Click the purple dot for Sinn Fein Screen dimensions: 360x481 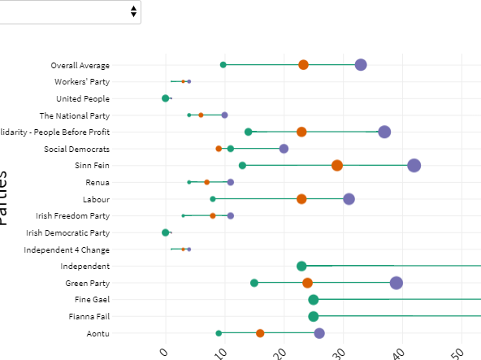coord(414,166)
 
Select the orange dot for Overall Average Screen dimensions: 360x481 coord(303,65)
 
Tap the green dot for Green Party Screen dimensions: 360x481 coord(254,283)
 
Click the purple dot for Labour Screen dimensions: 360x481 coord(349,199)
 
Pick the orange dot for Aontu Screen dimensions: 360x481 coord(260,333)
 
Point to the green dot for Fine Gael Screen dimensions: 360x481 coord(314,300)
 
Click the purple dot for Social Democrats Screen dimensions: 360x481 coord(284,149)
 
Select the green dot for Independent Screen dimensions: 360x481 coord(301,267)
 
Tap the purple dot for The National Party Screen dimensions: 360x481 coord(225,115)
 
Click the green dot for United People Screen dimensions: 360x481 coord(166,98)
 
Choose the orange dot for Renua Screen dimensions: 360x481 coord(206,182)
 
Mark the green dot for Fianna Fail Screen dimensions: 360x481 coord(314,316)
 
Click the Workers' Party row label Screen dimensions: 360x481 coord(82,82)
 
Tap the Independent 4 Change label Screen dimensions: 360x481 coord(67,249)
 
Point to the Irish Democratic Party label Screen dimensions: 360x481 coord(68,232)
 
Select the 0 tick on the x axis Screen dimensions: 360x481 coord(165,351)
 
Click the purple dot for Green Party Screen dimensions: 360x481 coord(396,283)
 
